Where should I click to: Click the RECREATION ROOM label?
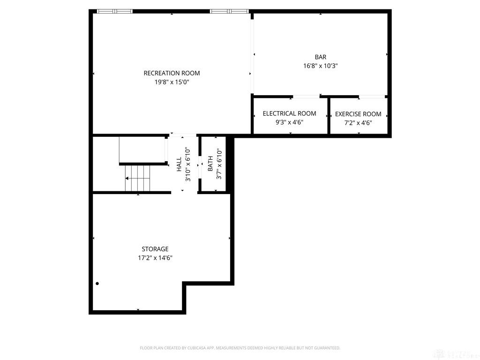(x=172, y=73)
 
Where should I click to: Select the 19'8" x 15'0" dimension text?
(x=172, y=82)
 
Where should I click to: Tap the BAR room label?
(x=321, y=57)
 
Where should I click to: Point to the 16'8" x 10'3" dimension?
(x=321, y=66)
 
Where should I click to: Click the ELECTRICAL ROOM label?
(x=289, y=113)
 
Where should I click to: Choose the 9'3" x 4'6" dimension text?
(x=289, y=122)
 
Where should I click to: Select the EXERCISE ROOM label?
(x=358, y=114)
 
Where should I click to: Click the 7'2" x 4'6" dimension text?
(x=358, y=123)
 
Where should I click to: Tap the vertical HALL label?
(x=179, y=165)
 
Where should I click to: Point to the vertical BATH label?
(x=210, y=164)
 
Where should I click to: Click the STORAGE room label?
(x=155, y=249)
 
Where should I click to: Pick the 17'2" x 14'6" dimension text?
(x=155, y=257)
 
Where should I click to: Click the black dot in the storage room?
(x=97, y=284)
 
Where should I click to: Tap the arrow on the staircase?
(x=127, y=179)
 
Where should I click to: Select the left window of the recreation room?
(x=115, y=11)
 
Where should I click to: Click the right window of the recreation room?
(x=228, y=11)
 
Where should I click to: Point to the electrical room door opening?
(x=307, y=97)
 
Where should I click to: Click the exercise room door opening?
(x=372, y=97)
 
